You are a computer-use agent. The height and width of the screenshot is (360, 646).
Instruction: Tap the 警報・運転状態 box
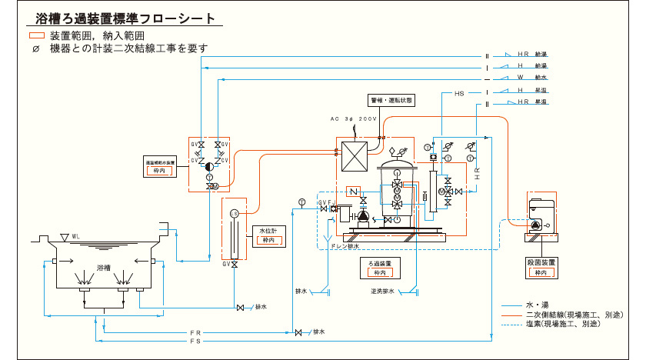pos(391,101)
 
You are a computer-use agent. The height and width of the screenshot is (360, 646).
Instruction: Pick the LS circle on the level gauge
pos(235,213)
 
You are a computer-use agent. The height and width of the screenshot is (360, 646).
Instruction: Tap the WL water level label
pos(75,236)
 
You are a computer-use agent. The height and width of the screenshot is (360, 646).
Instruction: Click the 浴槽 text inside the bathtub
pos(104,268)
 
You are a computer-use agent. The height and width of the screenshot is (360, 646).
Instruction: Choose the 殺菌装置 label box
pos(541,267)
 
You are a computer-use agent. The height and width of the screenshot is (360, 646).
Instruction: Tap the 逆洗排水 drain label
pos(381,292)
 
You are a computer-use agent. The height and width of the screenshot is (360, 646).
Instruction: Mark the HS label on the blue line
pos(459,93)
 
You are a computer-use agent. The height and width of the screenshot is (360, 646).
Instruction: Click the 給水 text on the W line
pos(542,78)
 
